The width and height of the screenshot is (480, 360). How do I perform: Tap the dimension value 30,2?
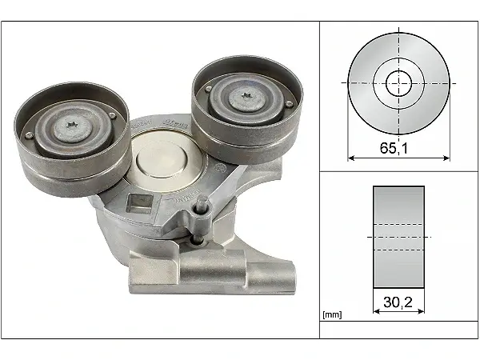pyautogui.click(x=398, y=303)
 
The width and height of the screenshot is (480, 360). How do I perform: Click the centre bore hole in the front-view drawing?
pyautogui.click(x=398, y=82)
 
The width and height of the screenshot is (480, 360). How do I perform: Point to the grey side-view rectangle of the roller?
pyautogui.click(x=398, y=237)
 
